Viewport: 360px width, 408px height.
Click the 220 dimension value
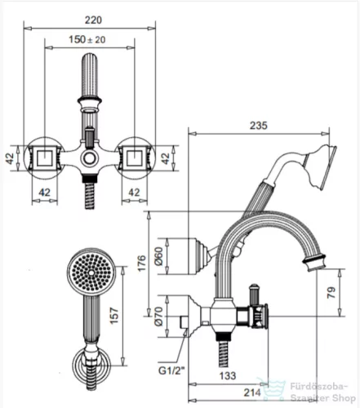tap(93, 20)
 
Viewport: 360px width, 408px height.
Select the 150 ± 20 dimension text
tap(87, 40)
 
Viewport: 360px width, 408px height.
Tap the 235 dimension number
tap(259, 126)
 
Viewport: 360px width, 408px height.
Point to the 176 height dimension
tap(141, 263)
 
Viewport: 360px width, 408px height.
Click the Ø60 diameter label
tap(159, 256)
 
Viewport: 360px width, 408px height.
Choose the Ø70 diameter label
tap(159, 316)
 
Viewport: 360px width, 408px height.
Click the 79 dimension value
tap(331, 293)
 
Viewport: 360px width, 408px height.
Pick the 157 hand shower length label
tap(114, 315)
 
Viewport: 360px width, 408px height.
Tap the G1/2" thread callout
tap(171, 370)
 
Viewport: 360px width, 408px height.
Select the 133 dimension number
tap(228, 375)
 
